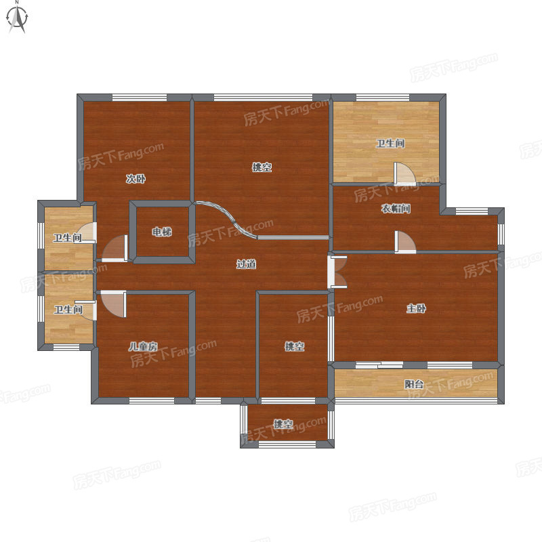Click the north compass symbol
18,18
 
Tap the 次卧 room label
135,179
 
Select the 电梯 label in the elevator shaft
162,232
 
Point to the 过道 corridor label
246,264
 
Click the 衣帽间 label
396,209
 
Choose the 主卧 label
416,308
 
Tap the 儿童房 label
143,346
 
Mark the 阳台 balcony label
414,384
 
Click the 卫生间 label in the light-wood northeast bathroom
390,143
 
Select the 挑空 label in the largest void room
262,167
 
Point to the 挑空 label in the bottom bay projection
283,424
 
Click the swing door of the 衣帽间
405,242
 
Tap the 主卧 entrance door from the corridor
337,272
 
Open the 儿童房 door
114,304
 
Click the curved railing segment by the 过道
226,218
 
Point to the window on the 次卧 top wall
140,98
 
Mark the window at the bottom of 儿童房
151,400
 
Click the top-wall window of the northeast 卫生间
383,98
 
